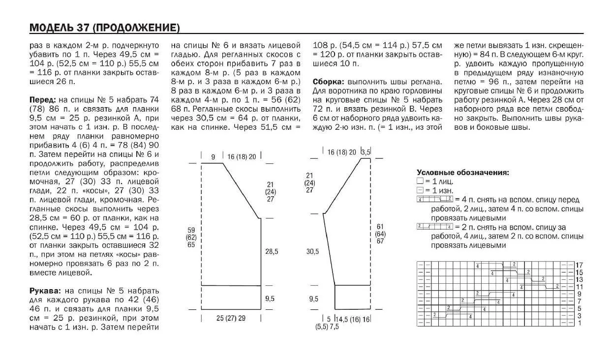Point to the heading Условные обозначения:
click(462, 173)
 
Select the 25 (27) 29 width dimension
click(231, 318)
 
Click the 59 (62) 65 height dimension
click(191, 237)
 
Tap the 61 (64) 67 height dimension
click(380, 234)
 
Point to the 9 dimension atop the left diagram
click(213, 157)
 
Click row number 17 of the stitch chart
click(579, 265)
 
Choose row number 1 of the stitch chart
click(579, 323)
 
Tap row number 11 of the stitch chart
click(579, 286)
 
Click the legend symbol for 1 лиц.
click(420, 181)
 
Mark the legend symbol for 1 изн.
click(420, 190)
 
